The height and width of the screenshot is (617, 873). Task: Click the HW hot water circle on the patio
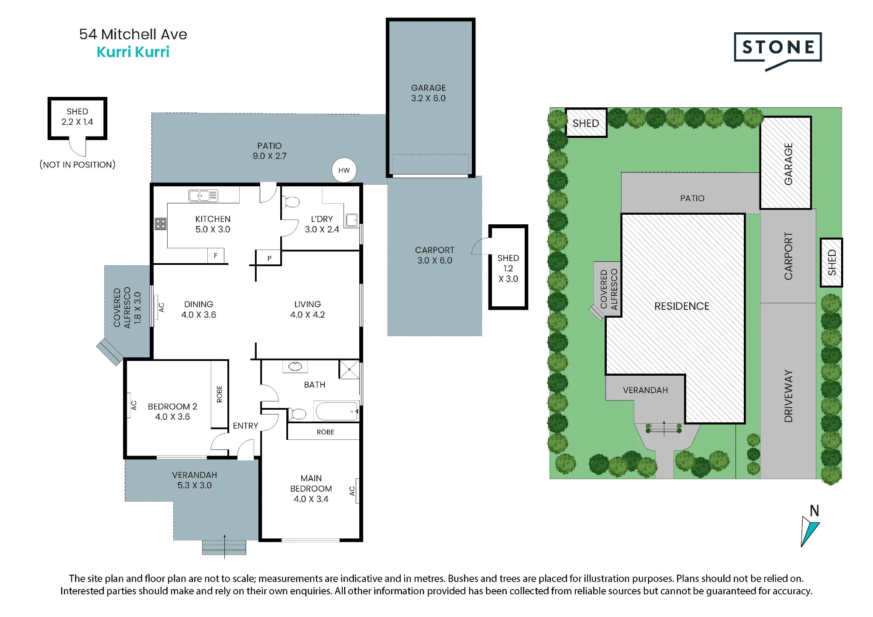coord(344,170)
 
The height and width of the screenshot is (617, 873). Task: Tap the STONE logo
coord(778,51)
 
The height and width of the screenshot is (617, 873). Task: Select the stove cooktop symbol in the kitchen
coord(161,224)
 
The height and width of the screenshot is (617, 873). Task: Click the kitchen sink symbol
coord(203,195)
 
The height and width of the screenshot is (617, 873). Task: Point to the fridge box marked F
coord(216,256)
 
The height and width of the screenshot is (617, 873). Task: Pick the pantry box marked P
coord(269,258)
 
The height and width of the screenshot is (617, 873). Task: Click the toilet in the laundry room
coord(291,202)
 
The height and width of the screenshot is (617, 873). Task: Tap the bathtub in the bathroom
coord(336,411)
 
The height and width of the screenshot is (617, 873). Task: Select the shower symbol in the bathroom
coord(349,370)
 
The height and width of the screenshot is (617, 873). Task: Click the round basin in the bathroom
coord(295,367)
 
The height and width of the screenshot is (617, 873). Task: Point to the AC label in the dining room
coord(161,308)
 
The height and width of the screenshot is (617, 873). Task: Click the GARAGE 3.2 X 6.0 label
coord(429,93)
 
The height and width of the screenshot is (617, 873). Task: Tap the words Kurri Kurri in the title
coord(133,52)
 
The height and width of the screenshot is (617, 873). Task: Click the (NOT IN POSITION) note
coord(78,165)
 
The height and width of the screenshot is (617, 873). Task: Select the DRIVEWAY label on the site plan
coord(788,396)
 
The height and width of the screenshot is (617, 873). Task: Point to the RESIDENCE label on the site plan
coord(682,306)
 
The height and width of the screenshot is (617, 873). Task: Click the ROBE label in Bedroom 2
coord(220,394)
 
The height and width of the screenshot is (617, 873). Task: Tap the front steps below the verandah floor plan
coord(224,547)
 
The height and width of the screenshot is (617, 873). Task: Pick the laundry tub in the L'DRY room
coord(351,220)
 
